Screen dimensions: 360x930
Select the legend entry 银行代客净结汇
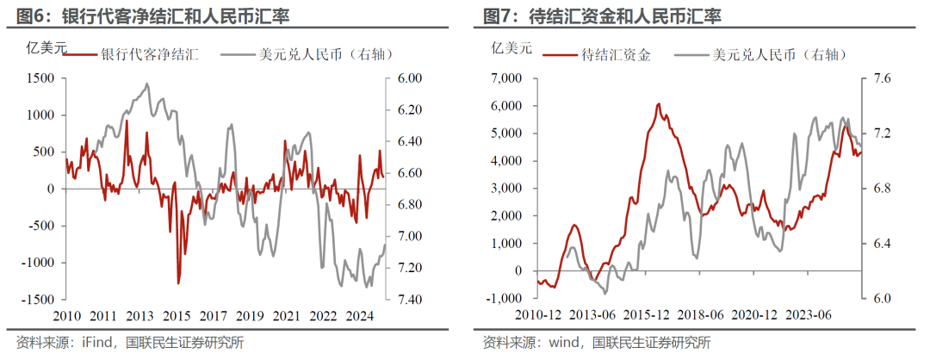[150, 54]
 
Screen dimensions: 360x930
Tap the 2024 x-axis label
[360, 315]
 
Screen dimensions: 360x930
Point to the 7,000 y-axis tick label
[508, 78]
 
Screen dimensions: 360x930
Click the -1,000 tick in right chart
[506, 298]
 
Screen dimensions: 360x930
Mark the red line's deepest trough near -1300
[178, 282]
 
